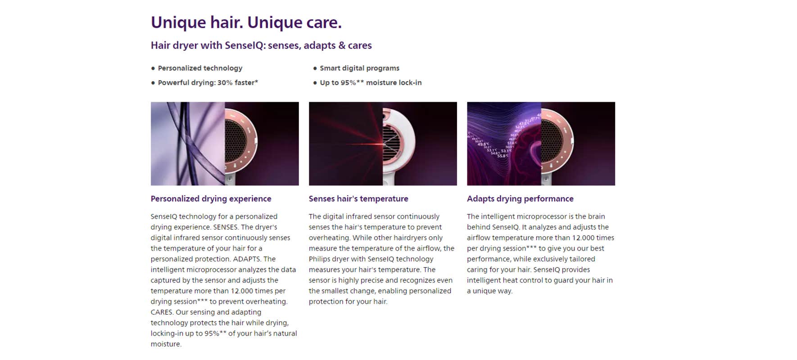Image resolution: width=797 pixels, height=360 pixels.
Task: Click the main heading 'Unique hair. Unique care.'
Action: pyautogui.click(x=246, y=22)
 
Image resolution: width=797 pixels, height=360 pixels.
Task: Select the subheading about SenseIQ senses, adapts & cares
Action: pyautogui.click(x=261, y=45)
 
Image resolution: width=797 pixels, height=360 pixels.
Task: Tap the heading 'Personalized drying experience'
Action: pyautogui.click(x=211, y=198)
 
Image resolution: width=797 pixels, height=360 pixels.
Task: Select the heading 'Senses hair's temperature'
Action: pyautogui.click(x=358, y=198)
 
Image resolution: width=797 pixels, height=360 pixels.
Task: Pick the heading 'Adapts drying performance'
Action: pyautogui.click(x=520, y=198)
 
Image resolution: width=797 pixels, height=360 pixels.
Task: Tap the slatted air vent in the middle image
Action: pyautogui.click(x=391, y=144)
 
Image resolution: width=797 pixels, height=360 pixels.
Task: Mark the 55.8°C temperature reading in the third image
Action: pyautogui.click(x=503, y=156)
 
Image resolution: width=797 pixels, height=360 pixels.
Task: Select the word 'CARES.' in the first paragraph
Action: pyautogui.click(x=162, y=312)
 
